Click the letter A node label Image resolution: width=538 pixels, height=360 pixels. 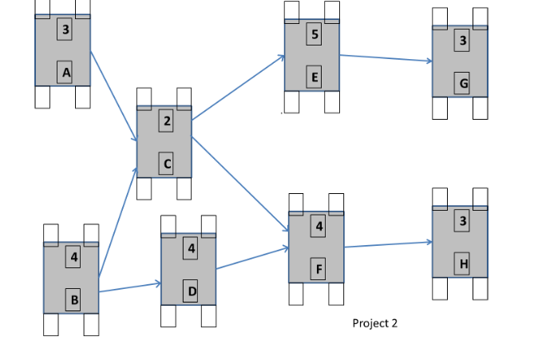tap(65, 73)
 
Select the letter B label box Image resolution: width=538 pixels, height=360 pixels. tap(74, 300)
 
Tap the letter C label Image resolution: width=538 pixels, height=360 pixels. tap(166, 164)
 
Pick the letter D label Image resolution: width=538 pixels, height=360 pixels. tap(191, 291)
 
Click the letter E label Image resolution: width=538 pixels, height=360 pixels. tap(314, 77)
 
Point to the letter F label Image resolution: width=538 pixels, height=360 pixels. tap(318, 270)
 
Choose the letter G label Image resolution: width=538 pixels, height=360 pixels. tap(463, 83)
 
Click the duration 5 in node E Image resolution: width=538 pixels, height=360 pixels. tap(314, 34)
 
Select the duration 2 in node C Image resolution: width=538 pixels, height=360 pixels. tap(166, 121)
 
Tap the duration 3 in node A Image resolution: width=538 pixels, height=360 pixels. tap(65, 30)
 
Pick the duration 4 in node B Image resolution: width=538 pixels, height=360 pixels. tap(74, 257)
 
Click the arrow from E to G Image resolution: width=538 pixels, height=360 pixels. tap(386, 58)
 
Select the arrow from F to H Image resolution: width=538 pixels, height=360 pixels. tap(388, 244)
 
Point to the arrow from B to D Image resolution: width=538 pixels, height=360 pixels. tap(130, 287)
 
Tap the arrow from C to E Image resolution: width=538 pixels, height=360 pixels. tap(238, 88)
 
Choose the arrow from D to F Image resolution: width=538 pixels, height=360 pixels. tap(252, 258)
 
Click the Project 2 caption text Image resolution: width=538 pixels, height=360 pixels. tap(374, 323)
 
